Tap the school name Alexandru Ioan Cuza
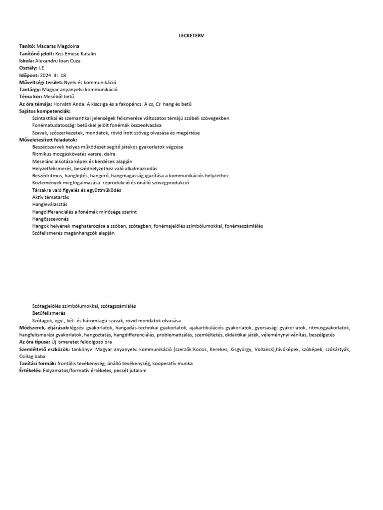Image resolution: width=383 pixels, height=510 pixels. pyautogui.click(x=58, y=61)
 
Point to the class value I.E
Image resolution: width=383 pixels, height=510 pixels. pyautogui.click(x=41, y=68)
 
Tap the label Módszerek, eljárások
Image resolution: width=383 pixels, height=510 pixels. pyautogui.click(x=44, y=328)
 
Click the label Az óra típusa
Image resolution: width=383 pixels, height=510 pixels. pyautogui.click(x=34, y=342)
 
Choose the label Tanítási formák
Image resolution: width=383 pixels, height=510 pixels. pyautogui.click(x=37, y=364)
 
